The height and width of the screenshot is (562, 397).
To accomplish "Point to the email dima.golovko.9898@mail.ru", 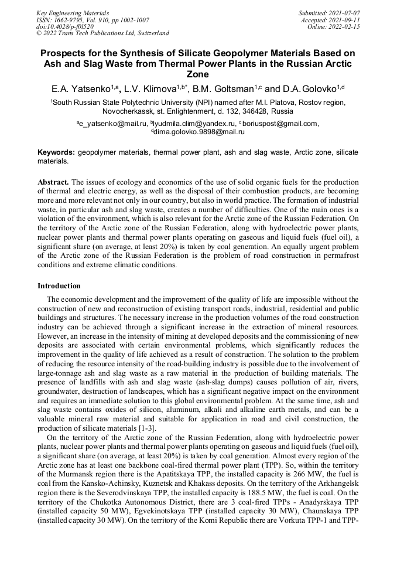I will coord(199,132).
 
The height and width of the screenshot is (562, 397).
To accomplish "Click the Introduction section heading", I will coord(59,286).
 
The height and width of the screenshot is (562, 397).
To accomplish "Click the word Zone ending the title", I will coord(198,75).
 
